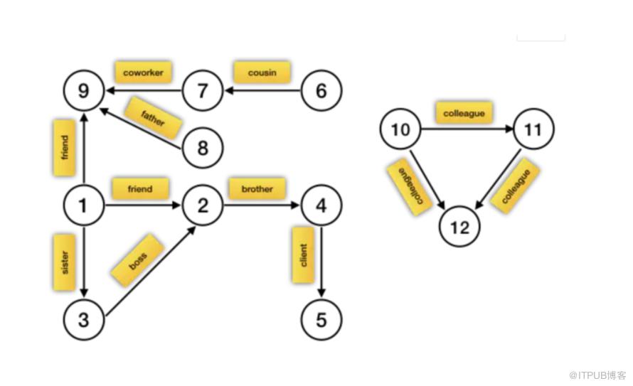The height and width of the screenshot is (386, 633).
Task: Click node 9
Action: [x=83, y=90]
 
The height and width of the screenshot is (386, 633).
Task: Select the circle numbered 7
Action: [x=203, y=90]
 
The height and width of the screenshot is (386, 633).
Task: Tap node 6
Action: [x=321, y=90]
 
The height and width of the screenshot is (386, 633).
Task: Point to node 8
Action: [x=203, y=148]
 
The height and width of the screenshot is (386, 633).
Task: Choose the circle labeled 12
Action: [x=459, y=227]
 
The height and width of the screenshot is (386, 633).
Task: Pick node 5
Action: [x=321, y=320]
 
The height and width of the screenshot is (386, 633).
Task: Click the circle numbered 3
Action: [x=83, y=320]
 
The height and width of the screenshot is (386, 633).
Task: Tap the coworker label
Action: [x=143, y=73]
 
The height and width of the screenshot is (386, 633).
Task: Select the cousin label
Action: [x=262, y=73]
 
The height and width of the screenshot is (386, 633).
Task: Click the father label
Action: [x=153, y=118]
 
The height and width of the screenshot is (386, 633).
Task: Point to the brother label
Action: [x=257, y=189]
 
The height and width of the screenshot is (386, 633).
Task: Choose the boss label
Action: [x=138, y=261]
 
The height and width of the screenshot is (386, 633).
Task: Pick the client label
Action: [x=303, y=255]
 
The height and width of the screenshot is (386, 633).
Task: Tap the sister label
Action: [x=64, y=262]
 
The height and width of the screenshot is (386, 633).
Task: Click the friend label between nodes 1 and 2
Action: [x=140, y=189]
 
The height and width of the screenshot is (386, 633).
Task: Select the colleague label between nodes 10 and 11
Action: [x=464, y=113]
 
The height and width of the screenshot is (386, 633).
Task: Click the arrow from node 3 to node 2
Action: [x=151, y=271]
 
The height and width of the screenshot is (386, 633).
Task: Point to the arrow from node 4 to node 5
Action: [x=321, y=262]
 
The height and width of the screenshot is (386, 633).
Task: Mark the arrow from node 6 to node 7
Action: [x=262, y=90]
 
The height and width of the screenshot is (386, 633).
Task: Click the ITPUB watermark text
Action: [x=597, y=375]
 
